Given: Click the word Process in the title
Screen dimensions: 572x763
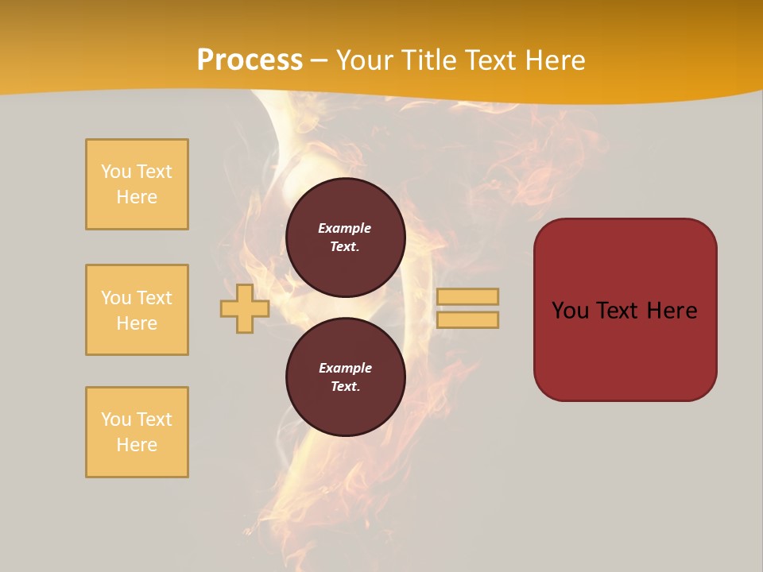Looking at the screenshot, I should point(250,60).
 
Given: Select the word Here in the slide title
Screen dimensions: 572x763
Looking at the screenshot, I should point(553,60).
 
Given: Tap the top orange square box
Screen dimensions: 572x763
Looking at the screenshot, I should point(137,184).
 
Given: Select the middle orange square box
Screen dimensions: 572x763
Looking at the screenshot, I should point(137,310).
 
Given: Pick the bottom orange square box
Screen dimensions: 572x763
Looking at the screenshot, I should point(137,432).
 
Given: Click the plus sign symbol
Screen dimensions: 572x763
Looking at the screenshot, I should point(245,308).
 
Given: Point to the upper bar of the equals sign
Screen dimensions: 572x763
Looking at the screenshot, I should point(468,296).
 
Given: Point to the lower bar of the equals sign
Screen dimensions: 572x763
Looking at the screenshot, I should point(468,319).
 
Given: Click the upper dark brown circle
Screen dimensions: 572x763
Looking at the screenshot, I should point(346,238).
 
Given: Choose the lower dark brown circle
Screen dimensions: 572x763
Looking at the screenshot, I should point(346,377).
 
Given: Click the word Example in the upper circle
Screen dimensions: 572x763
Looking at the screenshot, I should point(345,228).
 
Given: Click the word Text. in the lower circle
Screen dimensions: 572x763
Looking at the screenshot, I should point(345,387).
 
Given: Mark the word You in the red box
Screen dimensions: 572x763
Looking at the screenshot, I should point(571,311).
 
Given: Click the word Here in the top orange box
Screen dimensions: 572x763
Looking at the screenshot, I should point(137,197).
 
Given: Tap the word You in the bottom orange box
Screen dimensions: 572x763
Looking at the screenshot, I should point(116,419).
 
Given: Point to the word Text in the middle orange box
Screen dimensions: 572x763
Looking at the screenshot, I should point(154,298).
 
